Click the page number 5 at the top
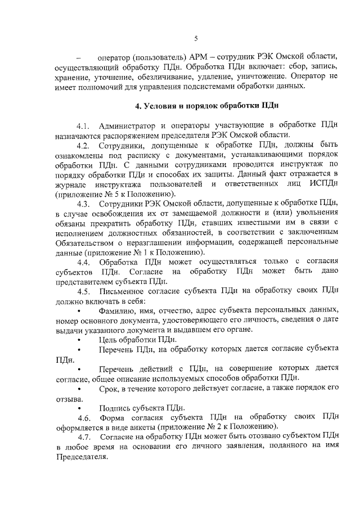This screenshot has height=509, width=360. pyautogui.click(x=195, y=38)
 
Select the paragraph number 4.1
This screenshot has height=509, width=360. pyautogui.click(x=84, y=125)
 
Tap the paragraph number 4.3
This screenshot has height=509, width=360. pyautogui.click(x=84, y=203)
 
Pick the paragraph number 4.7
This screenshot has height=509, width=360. pyautogui.click(x=84, y=436)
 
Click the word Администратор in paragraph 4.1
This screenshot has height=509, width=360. pyautogui.click(x=128, y=125)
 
